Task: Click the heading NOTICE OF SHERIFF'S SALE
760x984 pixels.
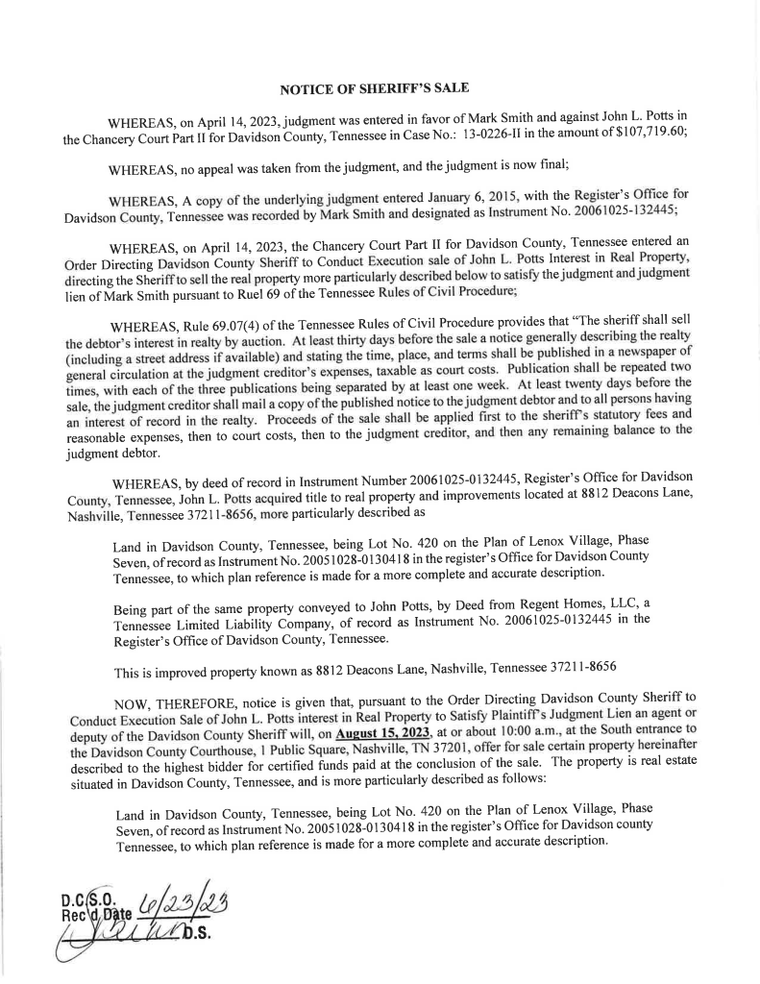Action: pos(374,88)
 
